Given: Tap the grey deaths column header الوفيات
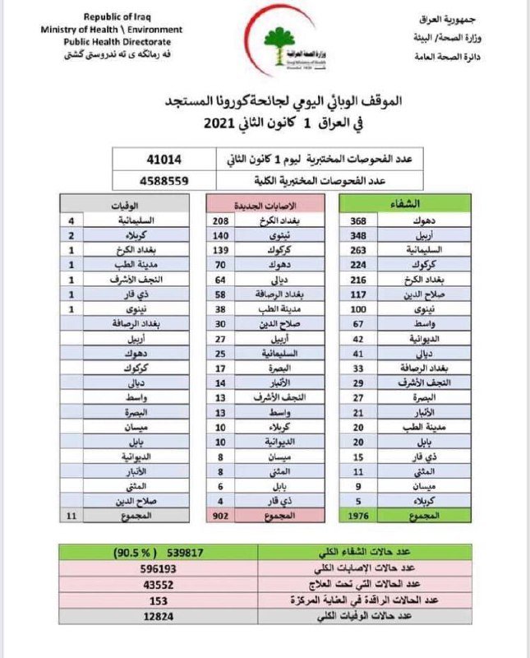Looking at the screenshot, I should (x=124, y=203).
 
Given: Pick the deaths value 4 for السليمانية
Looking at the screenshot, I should (x=72, y=221).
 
